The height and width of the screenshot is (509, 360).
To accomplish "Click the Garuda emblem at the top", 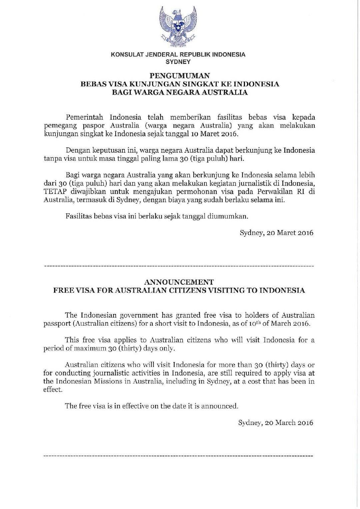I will tap(178, 27).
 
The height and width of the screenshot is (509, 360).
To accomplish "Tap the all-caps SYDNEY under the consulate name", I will tap(178, 62).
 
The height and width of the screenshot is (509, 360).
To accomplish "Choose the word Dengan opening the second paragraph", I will tap(77, 150).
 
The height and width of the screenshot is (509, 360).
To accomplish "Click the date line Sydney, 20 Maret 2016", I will tap(276, 233).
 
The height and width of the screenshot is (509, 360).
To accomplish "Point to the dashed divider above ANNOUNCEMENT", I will tap(179, 267).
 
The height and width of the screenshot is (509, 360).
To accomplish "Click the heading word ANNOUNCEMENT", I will tap(180, 282).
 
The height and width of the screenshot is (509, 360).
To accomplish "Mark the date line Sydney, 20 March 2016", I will tap(276, 423).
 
